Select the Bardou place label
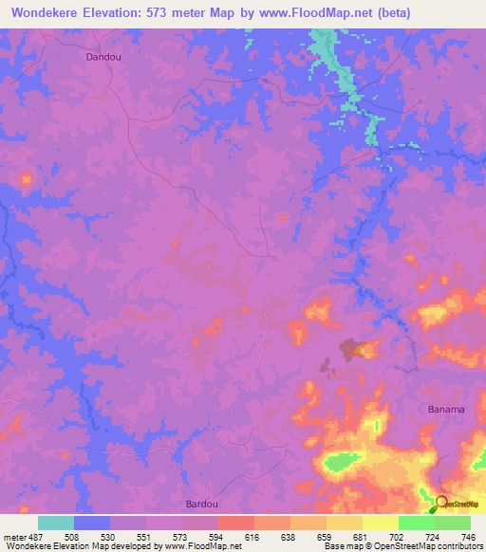pos(200,504)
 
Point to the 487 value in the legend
pos(39,536)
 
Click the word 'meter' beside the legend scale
pos(15,536)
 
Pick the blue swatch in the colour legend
pos(92,523)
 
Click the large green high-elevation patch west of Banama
pos(340,463)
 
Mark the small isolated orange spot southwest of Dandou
pos(25,178)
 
